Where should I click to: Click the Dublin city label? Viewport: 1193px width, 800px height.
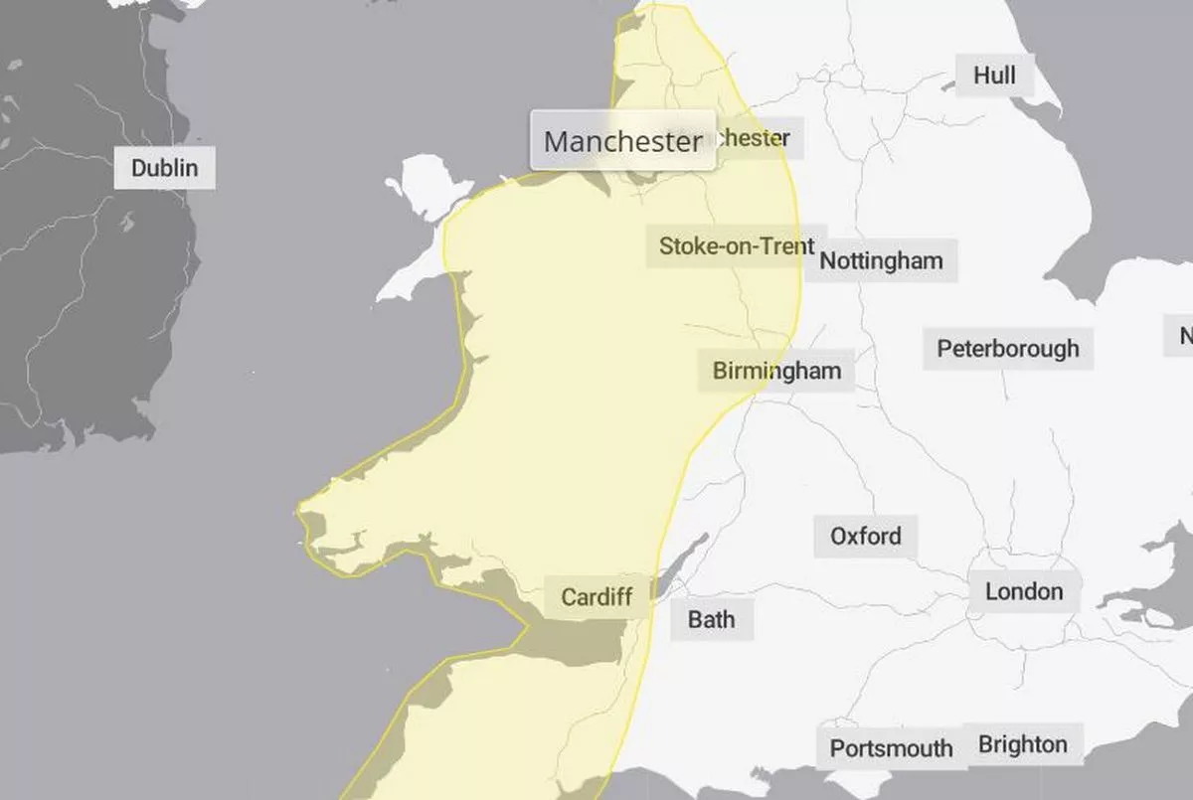point(165,168)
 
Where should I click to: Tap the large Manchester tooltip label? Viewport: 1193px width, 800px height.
point(622,141)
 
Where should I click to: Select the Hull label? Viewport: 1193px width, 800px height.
point(994,75)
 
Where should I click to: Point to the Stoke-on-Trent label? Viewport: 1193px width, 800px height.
point(737,245)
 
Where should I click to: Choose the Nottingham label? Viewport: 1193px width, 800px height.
point(881,261)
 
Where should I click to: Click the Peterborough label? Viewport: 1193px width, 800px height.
point(1007,349)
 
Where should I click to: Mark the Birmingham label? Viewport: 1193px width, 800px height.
point(776,371)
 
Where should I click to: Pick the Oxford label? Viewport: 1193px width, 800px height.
point(865,537)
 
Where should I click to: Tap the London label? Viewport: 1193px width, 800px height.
point(1023,592)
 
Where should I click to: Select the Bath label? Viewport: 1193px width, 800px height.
point(711,620)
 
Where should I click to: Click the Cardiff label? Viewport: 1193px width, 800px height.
point(596,597)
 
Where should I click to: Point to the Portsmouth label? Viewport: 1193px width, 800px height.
point(891,748)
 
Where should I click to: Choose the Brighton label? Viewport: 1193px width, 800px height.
point(1022,744)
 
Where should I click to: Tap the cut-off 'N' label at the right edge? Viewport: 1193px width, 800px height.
point(1183,336)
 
